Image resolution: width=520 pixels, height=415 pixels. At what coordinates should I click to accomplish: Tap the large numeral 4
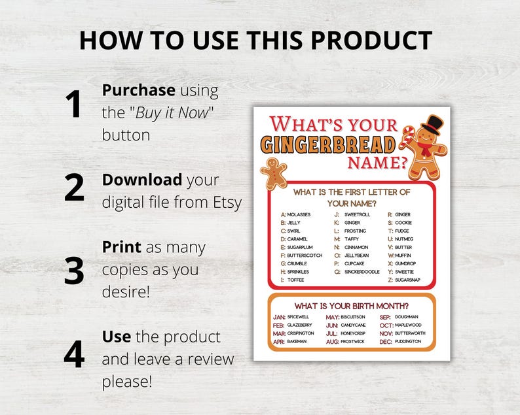(74, 354)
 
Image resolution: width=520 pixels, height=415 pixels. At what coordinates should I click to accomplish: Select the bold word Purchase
(138, 90)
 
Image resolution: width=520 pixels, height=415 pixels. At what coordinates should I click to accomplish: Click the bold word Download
(141, 180)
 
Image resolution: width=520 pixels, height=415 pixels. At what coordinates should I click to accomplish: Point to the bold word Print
(121, 248)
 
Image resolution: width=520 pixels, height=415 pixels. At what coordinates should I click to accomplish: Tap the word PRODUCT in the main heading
(371, 41)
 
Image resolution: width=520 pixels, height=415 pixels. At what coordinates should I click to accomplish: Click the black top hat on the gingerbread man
(432, 124)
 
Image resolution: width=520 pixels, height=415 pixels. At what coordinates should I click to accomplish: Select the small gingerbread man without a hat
(274, 172)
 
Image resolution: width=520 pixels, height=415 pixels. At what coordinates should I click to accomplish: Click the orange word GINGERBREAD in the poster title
(329, 144)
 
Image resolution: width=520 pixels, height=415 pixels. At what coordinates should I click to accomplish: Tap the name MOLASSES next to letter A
(299, 214)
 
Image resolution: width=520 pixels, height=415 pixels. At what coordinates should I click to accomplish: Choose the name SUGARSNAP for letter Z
(407, 280)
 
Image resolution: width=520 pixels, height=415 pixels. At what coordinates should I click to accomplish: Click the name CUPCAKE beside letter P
(354, 263)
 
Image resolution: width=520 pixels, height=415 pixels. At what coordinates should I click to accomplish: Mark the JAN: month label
(279, 317)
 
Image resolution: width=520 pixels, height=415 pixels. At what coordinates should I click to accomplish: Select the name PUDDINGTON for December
(409, 342)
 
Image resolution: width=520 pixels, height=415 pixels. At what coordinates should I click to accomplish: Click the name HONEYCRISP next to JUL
(354, 333)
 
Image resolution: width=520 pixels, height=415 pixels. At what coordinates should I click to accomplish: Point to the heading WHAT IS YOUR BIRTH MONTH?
(352, 306)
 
